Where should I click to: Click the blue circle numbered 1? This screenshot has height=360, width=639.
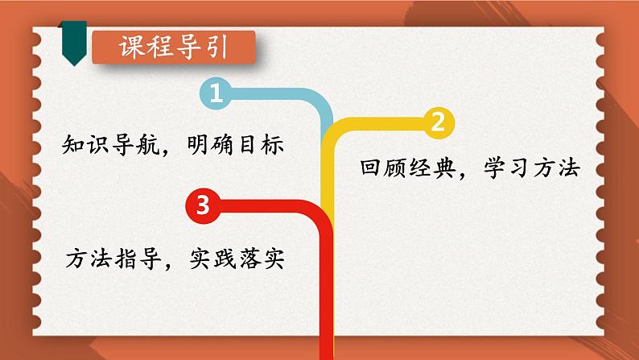(x=215, y=94)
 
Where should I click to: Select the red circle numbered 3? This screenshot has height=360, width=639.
(x=202, y=205)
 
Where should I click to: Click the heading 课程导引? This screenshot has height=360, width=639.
(x=173, y=48)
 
